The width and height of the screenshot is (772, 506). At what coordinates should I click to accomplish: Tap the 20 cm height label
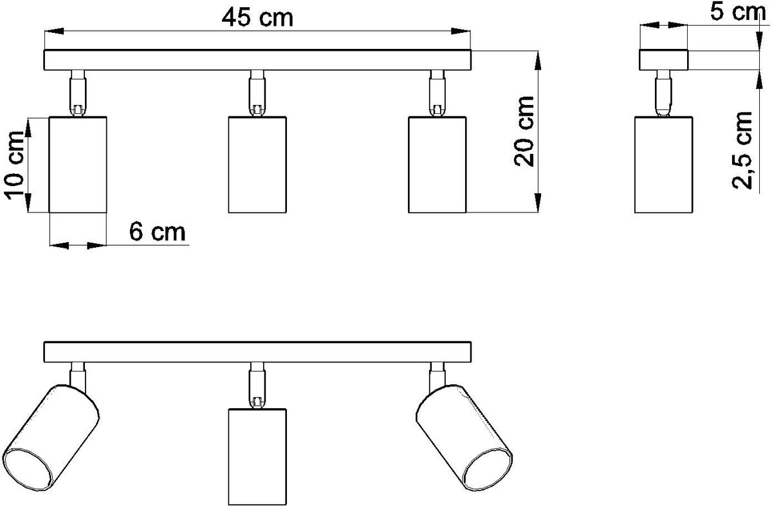524,131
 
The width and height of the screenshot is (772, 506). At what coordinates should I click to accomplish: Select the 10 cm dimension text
14,165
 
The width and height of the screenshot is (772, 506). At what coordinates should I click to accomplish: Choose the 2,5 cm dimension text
742,151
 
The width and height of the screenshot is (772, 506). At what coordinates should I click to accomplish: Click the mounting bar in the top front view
257,60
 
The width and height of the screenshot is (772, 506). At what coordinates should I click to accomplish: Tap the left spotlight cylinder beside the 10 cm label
78,165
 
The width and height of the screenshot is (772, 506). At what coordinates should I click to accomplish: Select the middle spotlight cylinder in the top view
257,165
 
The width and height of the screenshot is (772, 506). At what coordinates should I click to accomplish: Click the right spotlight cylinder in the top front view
437,165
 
